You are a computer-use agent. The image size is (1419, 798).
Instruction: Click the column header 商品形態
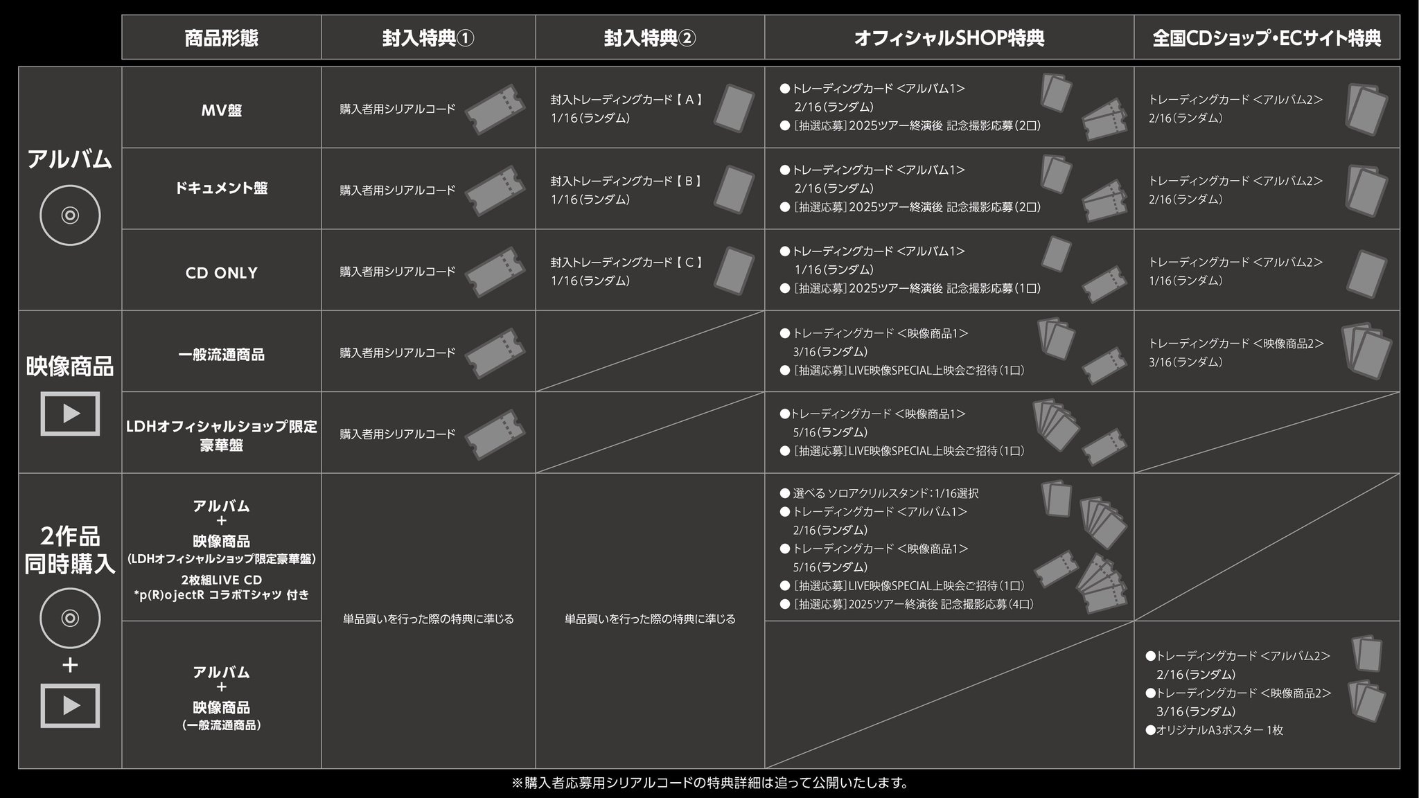221,38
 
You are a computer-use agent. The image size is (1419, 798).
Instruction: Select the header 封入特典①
428,38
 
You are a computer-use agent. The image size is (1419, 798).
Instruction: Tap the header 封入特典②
649,38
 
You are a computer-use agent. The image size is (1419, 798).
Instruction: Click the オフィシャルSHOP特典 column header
949,38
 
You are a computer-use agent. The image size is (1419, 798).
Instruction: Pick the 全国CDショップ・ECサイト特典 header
1266,38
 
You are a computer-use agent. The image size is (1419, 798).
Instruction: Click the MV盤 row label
221,110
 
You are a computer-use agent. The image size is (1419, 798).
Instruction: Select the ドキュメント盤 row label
221,188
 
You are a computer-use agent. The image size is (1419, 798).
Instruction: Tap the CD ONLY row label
221,273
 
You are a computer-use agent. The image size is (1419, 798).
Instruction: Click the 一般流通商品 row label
221,355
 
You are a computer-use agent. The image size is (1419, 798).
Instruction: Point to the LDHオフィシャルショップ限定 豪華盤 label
221,435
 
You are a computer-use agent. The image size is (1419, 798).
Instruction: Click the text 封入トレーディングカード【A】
627,100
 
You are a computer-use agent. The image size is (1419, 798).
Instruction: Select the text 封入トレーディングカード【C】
627,263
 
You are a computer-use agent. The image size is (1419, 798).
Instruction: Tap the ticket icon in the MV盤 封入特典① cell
495,109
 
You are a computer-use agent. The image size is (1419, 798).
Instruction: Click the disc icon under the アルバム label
70,215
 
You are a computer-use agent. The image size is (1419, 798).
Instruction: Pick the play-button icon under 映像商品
70,414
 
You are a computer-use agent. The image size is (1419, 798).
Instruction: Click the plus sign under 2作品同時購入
70,666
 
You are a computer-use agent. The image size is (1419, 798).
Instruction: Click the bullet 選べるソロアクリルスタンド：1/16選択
885,493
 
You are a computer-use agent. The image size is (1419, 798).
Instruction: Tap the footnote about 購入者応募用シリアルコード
709,783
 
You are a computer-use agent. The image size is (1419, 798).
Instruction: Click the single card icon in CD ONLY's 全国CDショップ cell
1366,272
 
